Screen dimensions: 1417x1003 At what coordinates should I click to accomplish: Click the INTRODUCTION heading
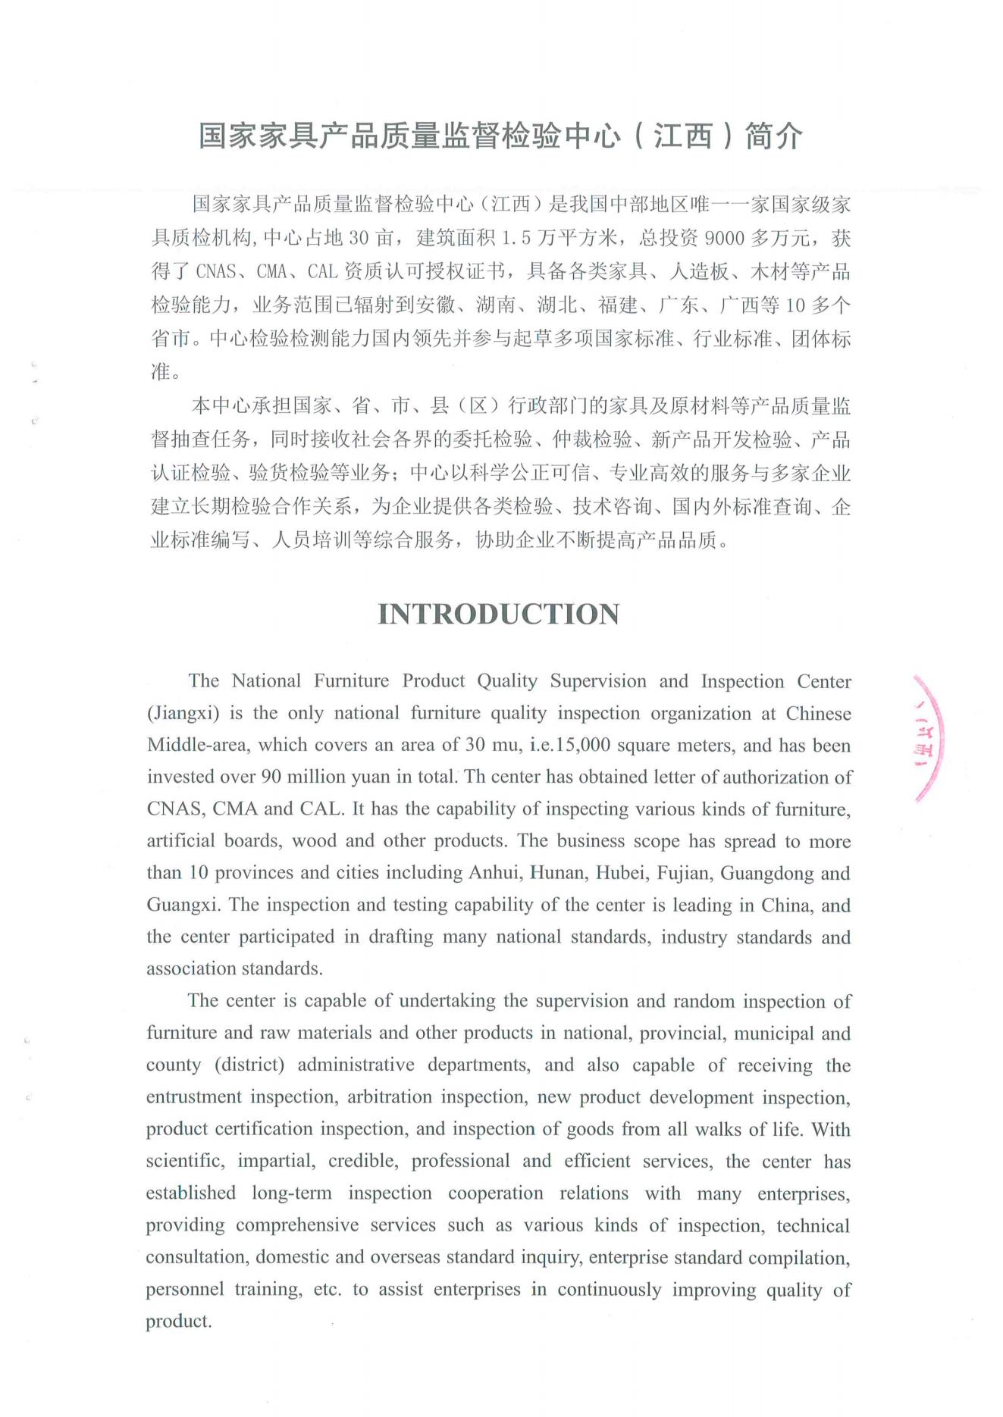coord(499,614)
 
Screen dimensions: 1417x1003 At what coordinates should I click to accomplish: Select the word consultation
coord(196,1257)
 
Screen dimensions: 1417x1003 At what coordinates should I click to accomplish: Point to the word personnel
coord(185,1289)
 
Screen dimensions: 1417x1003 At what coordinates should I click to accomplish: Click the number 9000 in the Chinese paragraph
coord(725,239)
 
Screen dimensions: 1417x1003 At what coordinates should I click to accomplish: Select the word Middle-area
coord(197,745)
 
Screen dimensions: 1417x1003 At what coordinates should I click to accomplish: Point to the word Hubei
coord(619,873)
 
